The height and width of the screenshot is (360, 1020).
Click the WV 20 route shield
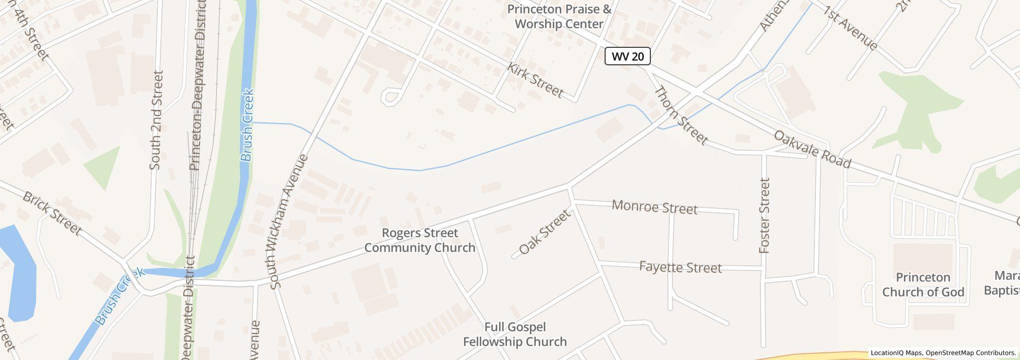coord(627,56)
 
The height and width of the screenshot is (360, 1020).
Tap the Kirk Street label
coord(535,80)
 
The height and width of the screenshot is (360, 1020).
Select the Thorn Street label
coord(681,116)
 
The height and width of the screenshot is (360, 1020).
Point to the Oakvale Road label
coord(812,149)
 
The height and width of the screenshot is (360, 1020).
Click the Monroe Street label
coord(654,207)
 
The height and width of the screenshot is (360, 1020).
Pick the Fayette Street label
coord(680,267)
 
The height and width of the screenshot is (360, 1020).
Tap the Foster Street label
coord(765,215)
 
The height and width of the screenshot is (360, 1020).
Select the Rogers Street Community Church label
coord(420,240)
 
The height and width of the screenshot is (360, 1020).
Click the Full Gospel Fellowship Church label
coord(515,334)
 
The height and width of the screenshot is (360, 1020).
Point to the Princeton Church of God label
coord(923,284)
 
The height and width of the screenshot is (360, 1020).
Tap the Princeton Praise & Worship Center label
coord(559,16)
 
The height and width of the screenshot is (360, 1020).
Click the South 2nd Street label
coord(156,120)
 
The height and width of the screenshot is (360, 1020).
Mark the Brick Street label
coord(52,213)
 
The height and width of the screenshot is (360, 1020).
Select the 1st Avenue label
coord(851,28)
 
